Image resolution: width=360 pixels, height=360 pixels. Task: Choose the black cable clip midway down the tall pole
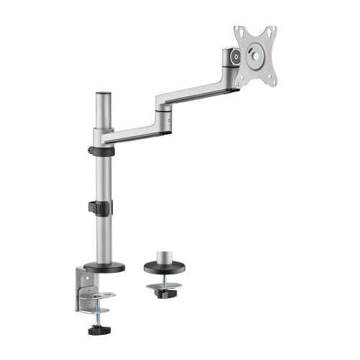click(x=99, y=207)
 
